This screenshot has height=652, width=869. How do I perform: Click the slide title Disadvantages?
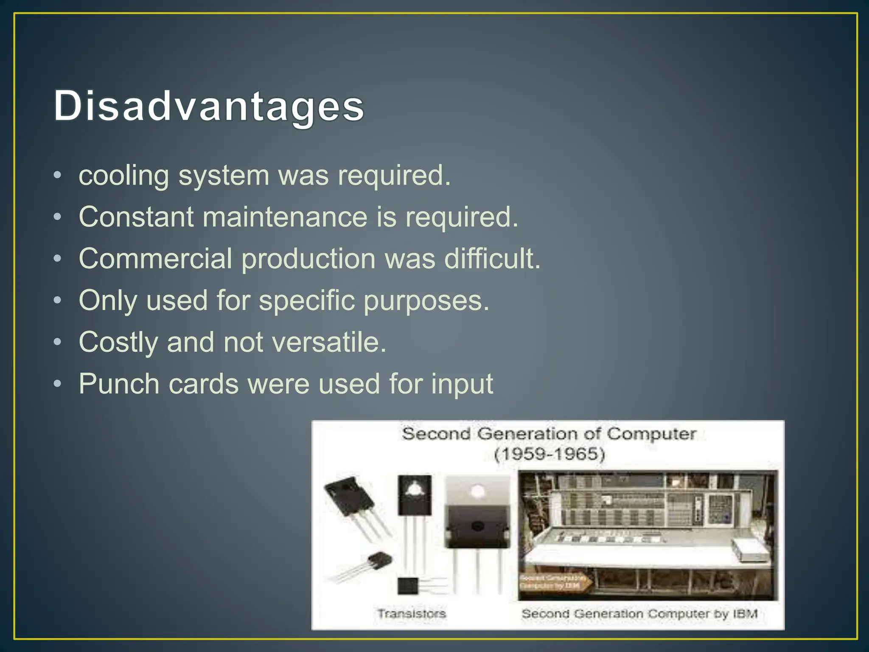[209, 106]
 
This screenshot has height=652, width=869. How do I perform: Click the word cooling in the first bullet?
[123, 175]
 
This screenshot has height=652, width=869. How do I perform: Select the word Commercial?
[155, 259]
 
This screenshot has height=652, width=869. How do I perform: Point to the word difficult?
[492, 259]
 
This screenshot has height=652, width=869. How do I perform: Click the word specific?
[306, 301]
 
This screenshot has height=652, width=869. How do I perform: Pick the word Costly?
[118, 342]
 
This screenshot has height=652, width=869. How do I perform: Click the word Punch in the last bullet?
[118, 384]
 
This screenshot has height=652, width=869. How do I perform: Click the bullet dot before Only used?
[58, 301]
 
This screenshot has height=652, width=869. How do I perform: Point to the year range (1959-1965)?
[549, 454]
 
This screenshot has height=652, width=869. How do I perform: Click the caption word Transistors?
[412, 613]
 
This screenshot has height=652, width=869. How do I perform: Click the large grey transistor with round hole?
[477, 514]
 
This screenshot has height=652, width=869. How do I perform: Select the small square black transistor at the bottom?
[408, 586]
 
